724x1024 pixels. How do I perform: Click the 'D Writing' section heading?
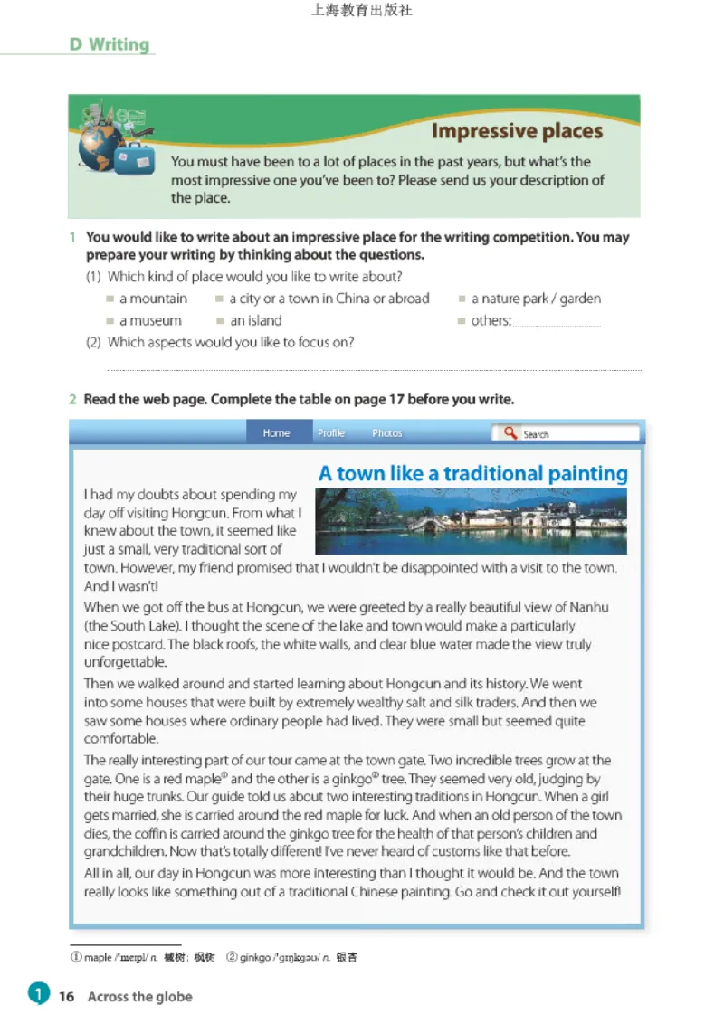point(110,44)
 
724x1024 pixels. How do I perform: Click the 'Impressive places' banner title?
point(517,131)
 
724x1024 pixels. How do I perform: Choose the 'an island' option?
point(221,321)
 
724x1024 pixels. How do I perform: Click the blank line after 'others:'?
point(556,323)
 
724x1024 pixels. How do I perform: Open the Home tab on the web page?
point(276,433)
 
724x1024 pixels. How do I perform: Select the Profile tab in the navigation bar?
point(331,433)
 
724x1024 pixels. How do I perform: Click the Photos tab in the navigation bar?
point(386,433)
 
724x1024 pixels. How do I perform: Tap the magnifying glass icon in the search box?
point(510,433)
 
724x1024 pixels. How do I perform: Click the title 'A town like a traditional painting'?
point(472,474)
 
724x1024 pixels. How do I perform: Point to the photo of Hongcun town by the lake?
point(471,521)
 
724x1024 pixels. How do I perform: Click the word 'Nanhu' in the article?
point(590,607)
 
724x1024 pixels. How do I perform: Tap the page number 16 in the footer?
point(66,996)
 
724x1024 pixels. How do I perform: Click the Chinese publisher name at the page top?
point(361,11)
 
